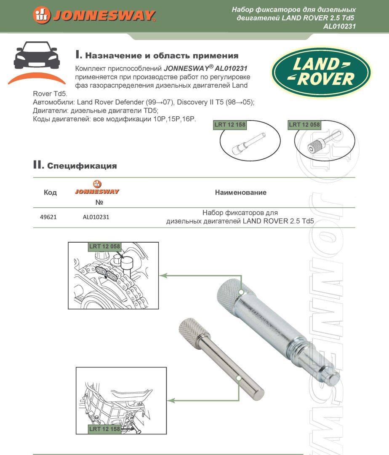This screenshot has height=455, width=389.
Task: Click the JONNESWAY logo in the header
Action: (94, 15)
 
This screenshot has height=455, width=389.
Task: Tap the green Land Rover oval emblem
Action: (321, 72)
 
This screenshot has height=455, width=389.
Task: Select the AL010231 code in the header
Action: (339, 26)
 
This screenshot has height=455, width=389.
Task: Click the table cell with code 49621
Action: (48, 217)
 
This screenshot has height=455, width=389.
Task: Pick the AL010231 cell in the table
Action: (96, 217)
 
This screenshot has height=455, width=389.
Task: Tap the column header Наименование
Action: (240, 193)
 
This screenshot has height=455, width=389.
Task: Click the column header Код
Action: (50, 193)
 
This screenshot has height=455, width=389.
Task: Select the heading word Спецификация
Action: (82, 166)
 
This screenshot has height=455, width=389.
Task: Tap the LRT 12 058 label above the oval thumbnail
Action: (304, 125)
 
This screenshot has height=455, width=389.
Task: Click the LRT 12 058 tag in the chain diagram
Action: (104, 246)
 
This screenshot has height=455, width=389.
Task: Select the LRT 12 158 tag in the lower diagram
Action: (105, 429)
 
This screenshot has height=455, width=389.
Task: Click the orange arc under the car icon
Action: (37, 78)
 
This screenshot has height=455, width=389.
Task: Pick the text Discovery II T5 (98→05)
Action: (212, 103)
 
